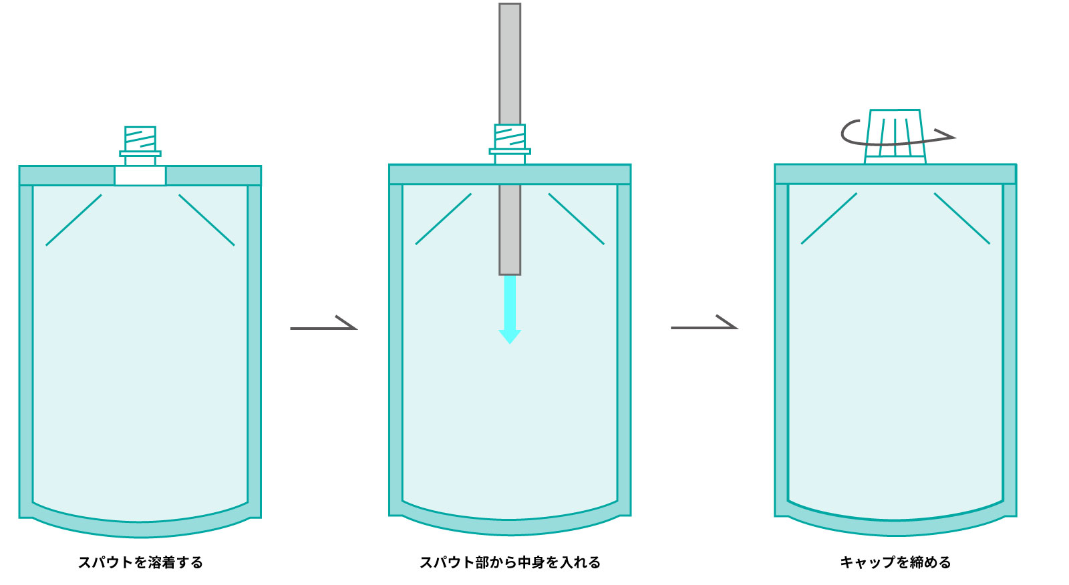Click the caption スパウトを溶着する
pyautogui.click(x=140, y=562)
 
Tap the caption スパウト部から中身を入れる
pyautogui.click(x=510, y=562)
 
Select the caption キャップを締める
pyautogui.click(x=895, y=562)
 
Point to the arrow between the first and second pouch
pyautogui.click(x=324, y=327)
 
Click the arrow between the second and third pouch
pyautogui.click(x=704, y=326)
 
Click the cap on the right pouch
pyautogui.click(x=895, y=137)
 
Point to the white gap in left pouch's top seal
pyautogui.click(x=140, y=176)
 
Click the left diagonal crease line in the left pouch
pyautogui.click(x=73, y=220)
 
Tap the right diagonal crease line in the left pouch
pyautogui.click(x=206, y=220)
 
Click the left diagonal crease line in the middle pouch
pyautogui.click(x=443, y=218)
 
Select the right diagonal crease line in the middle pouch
pyautogui.click(x=576, y=218)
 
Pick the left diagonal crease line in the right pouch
pyautogui.click(x=828, y=218)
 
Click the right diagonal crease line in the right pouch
pyautogui.click(x=961, y=218)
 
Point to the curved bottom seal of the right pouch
pyautogui.click(x=895, y=527)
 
